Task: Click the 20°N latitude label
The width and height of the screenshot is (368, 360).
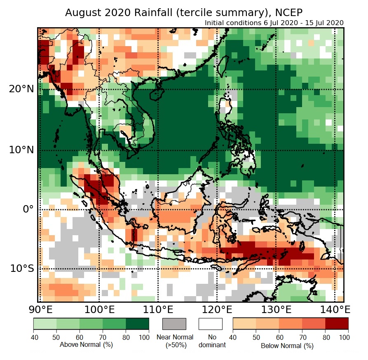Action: point(21,89)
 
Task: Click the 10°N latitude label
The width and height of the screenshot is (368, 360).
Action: point(21,150)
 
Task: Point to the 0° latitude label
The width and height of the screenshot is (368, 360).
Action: point(27,209)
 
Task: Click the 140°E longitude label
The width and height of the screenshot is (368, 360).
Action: point(335,309)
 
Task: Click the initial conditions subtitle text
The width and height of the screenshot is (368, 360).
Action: point(274,23)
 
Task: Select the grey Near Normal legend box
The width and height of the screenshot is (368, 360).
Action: point(174,324)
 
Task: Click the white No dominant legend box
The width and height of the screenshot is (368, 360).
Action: point(210,324)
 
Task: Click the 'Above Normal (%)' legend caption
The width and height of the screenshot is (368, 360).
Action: point(86,344)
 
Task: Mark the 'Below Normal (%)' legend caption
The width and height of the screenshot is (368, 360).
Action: point(287,346)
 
